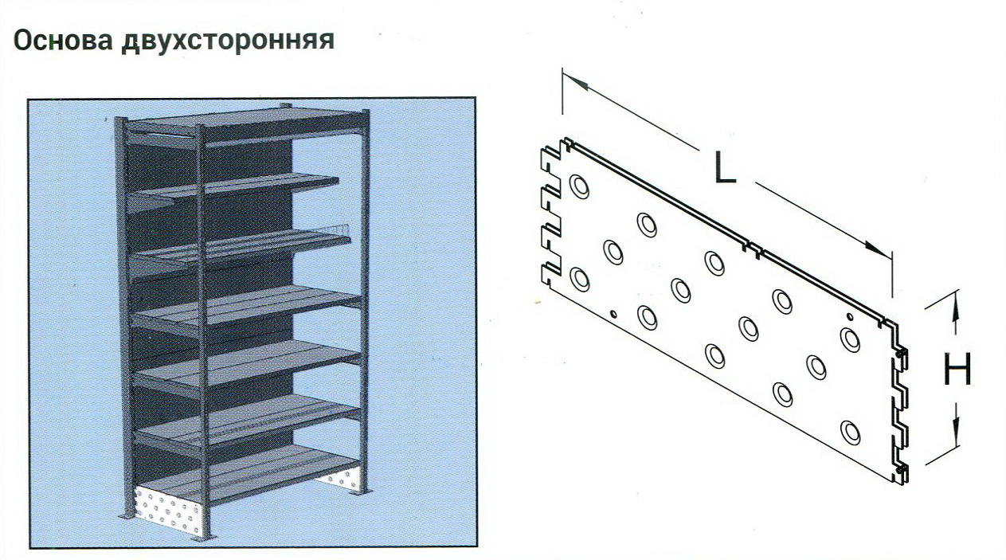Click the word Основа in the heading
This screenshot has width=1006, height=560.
[63, 41]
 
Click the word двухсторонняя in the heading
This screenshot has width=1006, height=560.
[228, 41]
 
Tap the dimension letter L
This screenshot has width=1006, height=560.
[725, 167]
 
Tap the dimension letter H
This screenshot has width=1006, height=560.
[957, 369]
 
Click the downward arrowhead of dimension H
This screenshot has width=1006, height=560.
[956, 432]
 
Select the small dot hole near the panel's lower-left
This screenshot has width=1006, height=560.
[613, 313]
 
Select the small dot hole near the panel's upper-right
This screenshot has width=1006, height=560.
[850, 317]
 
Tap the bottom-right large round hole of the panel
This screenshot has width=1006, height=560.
[850, 433]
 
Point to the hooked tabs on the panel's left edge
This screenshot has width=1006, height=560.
[551, 213]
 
